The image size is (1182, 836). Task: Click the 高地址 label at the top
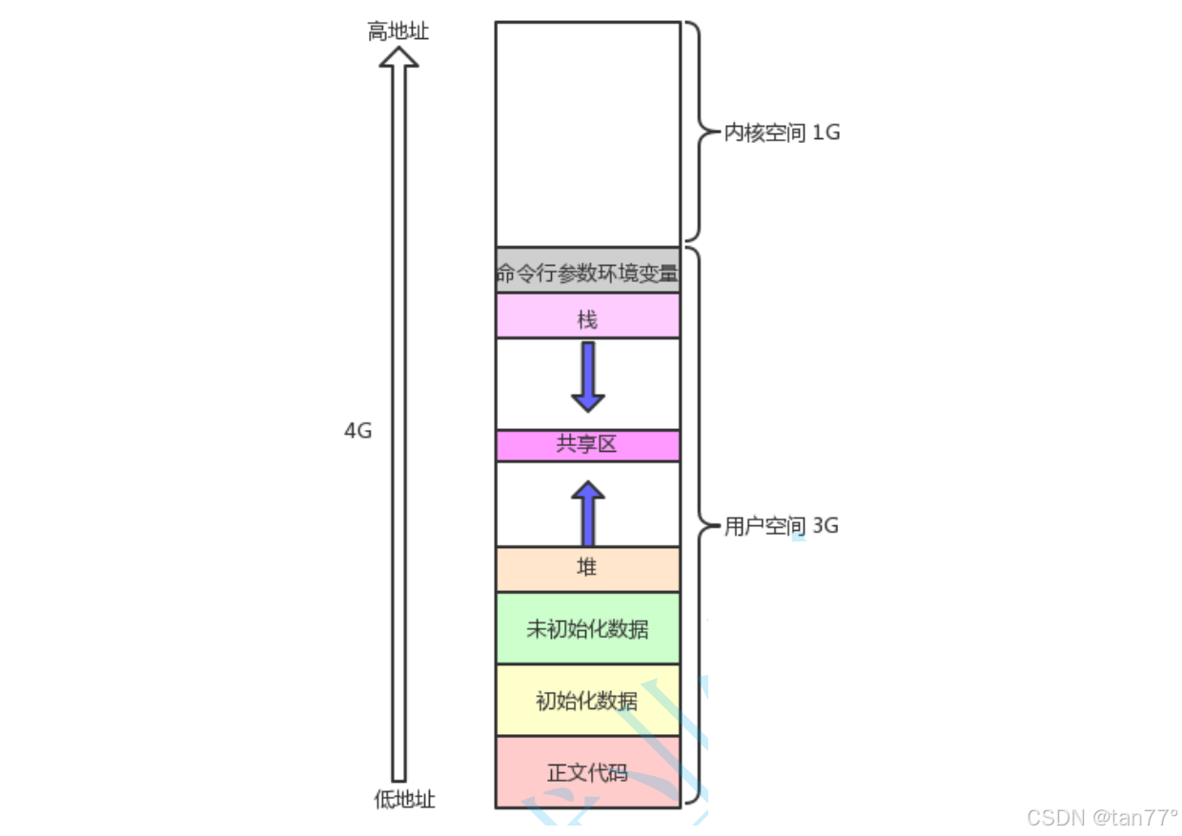point(398,31)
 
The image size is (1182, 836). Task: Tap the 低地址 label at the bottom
point(404,799)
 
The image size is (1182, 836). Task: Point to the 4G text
point(357,431)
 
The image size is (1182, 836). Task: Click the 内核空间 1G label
point(782,133)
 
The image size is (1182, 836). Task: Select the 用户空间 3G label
point(781,526)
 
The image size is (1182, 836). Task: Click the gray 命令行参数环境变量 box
point(587,271)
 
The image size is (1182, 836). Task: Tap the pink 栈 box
point(587,316)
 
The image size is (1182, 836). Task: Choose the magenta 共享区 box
point(587,445)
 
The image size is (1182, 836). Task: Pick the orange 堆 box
point(587,569)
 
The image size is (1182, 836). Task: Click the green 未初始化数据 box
point(587,628)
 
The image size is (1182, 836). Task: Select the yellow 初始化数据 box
point(587,700)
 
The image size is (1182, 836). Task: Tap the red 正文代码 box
point(587,771)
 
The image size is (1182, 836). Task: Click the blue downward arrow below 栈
point(588,377)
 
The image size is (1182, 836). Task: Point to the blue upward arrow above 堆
point(588,513)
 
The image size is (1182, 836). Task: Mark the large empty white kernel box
point(587,133)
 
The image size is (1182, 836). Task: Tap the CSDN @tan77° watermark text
point(1102,817)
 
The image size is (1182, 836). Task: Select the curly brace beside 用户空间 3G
point(702,526)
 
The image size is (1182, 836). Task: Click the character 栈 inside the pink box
point(587,318)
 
